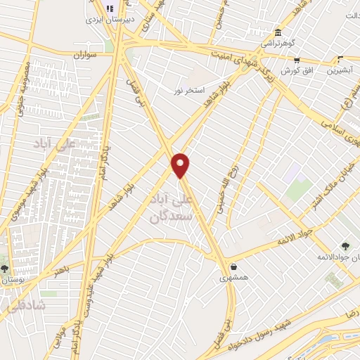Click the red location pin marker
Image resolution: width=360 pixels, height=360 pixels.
(x=181, y=165)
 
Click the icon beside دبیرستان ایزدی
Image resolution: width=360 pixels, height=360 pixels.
(x=109, y=8)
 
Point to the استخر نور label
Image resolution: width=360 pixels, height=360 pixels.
(x=190, y=91)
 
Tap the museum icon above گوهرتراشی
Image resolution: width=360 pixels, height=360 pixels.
(x=278, y=32)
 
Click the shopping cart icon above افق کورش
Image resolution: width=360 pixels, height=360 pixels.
(x=297, y=61)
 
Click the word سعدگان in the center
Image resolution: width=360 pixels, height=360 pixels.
(x=172, y=217)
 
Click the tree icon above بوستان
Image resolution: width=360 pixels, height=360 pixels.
(x=5, y=268)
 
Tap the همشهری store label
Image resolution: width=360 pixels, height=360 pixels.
(x=233, y=278)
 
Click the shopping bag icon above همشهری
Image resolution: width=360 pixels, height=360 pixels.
(x=233, y=268)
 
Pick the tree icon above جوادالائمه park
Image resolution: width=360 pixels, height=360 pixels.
(x=345, y=245)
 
